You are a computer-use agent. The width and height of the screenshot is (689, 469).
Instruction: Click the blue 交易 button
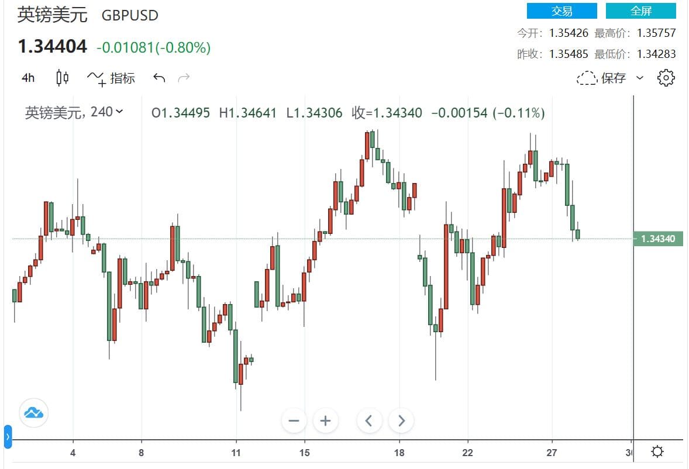coord(561,11)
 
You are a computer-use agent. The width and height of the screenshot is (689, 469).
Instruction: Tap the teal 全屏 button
coord(640,11)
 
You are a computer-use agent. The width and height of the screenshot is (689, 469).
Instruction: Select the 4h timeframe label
coord(28,78)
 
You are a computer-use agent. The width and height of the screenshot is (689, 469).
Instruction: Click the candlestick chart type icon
coord(63,78)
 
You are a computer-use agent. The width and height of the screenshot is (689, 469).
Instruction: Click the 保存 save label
coord(613,78)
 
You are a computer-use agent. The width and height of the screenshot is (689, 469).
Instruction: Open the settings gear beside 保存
coord(666,78)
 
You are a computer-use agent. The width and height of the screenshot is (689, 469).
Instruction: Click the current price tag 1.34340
coord(658,239)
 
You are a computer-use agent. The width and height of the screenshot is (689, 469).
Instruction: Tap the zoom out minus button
coord(294,420)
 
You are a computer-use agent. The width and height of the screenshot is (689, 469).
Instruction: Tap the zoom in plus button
coord(326,420)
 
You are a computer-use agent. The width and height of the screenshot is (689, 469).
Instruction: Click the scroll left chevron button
coord(369,420)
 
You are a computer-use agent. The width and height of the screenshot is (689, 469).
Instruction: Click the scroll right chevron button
coord(401,420)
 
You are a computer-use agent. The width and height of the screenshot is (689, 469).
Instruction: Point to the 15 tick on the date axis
coord(304,453)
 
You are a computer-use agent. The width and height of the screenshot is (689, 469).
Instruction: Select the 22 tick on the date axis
coord(468,453)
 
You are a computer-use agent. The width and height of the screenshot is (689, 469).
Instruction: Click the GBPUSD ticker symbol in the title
coord(130,16)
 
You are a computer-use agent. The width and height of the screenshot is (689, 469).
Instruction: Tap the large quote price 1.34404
coord(52,46)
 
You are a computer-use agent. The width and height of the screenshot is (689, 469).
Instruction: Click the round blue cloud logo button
coord(33,413)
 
